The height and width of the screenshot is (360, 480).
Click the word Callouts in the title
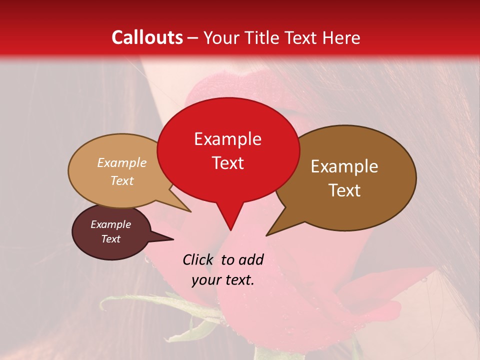tap(147, 37)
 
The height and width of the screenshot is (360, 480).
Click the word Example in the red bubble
tap(227, 139)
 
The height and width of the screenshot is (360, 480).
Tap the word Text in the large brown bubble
tap(345, 190)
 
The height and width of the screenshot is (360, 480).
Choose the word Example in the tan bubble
tap(122, 163)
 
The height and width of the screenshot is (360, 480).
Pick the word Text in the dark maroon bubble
tap(110, 239)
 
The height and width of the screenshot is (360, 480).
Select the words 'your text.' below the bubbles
tap(223, 280)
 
